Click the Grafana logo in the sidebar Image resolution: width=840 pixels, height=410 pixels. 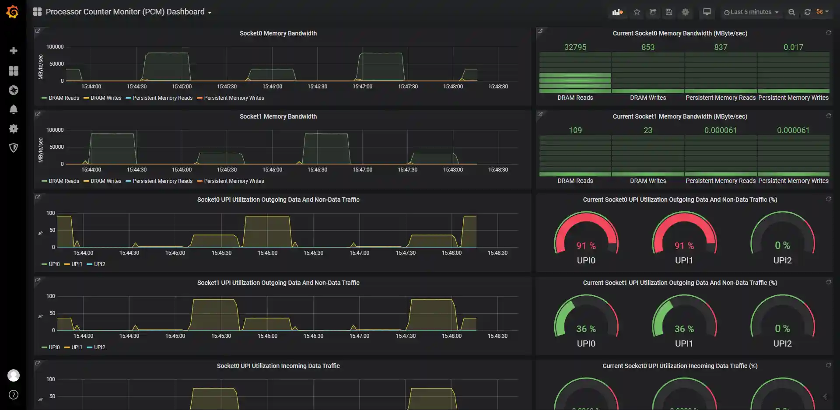[x=13, y=12]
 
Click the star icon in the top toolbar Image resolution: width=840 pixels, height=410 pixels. [x=637, y=12]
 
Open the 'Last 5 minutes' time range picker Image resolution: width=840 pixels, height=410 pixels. [x=751, y=12]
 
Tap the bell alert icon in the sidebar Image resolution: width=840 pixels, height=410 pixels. [x=14, y=109]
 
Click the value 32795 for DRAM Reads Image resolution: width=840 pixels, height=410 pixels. [x=575, y=47]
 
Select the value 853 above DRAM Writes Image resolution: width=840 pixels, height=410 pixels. [x=648, y=47]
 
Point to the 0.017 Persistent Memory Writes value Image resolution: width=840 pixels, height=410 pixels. [x=793, y=47]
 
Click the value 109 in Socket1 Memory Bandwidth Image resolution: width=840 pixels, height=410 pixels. [x=575, y=130]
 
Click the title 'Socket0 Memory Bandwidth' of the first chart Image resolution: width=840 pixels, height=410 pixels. [x=278, y=33]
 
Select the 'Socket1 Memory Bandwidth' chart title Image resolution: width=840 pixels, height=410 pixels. [x=278, y=116]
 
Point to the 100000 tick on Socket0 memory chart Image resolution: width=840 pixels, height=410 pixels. [x=55, y=47]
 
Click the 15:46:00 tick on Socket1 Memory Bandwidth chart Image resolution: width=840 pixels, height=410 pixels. [x=272, y=170]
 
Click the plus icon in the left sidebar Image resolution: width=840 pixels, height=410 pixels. [x=14, y=51]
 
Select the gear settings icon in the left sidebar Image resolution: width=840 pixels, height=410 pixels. [x=14, y=129]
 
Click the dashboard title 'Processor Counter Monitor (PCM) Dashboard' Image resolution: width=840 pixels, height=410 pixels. [x=125, y=12]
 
